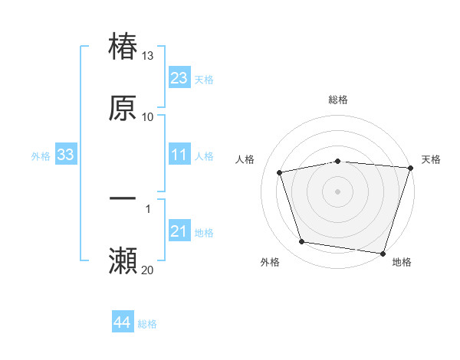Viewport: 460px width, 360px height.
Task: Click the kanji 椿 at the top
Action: tap(123, 47)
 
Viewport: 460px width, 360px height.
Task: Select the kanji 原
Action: tap(123, 108)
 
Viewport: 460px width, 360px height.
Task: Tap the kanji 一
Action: tap(123, 199)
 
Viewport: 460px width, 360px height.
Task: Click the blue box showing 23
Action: tap(179, 77)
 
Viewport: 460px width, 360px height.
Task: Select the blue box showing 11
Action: tap(179, 155)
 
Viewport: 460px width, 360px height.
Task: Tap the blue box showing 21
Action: tap(179, 231)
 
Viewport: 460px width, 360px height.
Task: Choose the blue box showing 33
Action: tap(65, 155)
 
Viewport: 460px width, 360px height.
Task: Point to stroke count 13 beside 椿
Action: tap(148, 56)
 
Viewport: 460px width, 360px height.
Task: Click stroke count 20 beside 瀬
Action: tap(147, 270)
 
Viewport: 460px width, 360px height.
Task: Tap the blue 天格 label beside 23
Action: tap(204, 79)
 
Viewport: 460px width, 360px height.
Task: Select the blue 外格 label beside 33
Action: tap(41, 156)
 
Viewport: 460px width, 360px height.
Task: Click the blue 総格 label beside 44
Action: tap(147, 323)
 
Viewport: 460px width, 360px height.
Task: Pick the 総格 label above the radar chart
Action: tap(338, 100)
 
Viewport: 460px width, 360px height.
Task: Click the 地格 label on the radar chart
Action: tap(402, 262)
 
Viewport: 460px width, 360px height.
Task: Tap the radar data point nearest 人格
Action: tap(280, 172)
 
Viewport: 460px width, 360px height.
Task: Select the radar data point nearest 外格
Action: tap(302, 242)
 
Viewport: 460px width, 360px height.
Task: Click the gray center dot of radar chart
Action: tap(338, 191)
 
